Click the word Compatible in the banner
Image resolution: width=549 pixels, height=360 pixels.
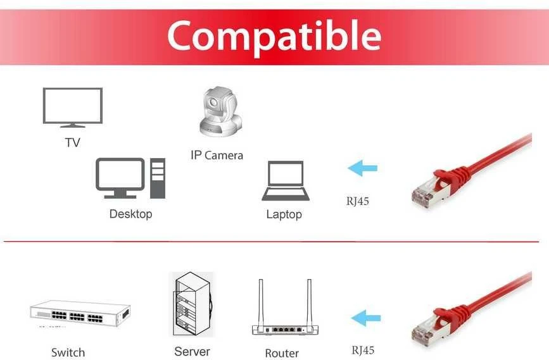point(274,37)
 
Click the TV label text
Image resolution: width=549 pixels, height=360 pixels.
point(72,142)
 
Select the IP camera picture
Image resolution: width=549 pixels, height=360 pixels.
point(220,111)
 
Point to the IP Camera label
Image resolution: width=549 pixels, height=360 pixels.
point(217,155)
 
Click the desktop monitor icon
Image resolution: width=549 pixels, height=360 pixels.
point(120,178)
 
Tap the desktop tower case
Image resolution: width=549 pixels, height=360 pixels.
point(158,178)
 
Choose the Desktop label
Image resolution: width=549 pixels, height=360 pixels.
point(130,214)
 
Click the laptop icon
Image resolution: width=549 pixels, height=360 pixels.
point(286,180)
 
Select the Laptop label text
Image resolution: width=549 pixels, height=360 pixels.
point(284,214)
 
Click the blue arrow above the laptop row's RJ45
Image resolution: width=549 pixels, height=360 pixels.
point(362,168)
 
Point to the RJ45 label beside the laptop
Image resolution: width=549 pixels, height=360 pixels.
point(358,201)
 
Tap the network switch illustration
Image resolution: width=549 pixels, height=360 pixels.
point(80,314)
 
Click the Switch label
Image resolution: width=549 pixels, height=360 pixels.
point(68,352)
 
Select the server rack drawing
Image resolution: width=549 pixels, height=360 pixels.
point(192,304)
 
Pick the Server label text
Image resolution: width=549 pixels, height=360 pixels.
point(192,351)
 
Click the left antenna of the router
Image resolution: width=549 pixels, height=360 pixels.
point(261,302)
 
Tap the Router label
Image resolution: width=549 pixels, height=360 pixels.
point(282,353)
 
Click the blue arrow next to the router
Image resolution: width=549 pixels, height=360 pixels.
point(365,318)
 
